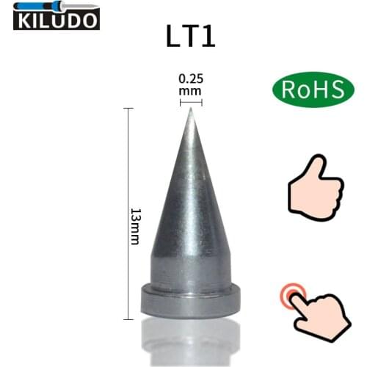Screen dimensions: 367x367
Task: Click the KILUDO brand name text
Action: coord(56,21)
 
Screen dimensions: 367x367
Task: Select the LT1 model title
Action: coord(191,36)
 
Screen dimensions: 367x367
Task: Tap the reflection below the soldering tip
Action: coord(191,341)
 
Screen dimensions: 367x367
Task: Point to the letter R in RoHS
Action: coord(286,90)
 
